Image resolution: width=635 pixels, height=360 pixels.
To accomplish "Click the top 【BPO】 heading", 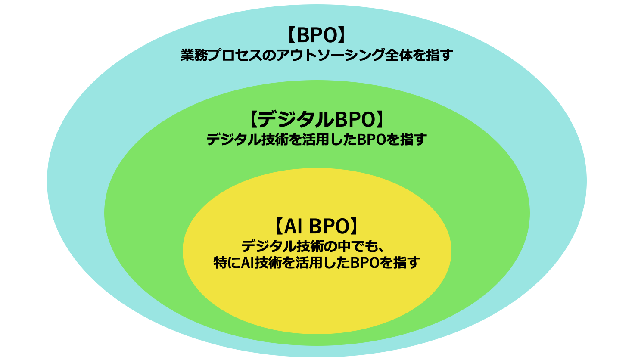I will [317, 36].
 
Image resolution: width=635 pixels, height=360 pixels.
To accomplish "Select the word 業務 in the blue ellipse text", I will [193, 55].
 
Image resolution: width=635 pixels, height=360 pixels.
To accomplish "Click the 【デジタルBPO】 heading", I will [317, 119].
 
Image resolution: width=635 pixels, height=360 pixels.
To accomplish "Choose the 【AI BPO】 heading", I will [317, 226].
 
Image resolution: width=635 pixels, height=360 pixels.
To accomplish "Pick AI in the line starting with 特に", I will [248, 262].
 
